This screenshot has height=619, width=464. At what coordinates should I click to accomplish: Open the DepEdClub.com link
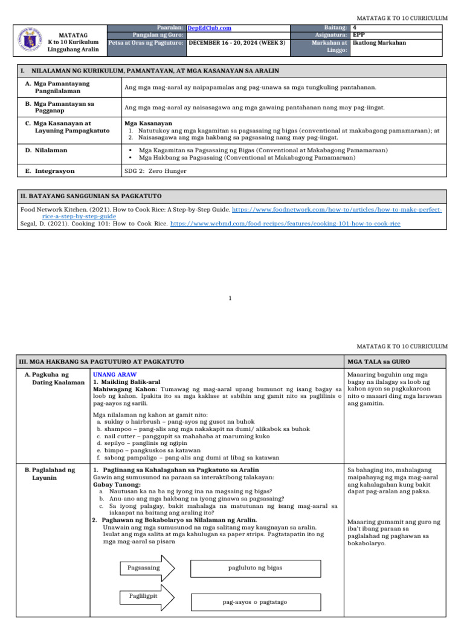pyautogui.click(x=209, y=28)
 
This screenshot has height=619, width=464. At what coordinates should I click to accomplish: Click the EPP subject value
pyautogui.click(x=359, y=35)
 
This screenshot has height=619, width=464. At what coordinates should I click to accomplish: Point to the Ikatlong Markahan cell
pyautogui.click(x=379, y=43)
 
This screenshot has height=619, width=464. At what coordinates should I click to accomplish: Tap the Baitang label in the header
pyautogui.click(x=335, y=28)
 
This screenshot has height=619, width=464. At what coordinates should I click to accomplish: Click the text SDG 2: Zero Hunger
pyautogui.click(x=155, y=171)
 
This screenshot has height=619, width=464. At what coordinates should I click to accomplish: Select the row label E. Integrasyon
pyautogui.click(x=50, y=171)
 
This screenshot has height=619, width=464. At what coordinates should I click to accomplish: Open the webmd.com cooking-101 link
pyautogui.click(x=285, y=224)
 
